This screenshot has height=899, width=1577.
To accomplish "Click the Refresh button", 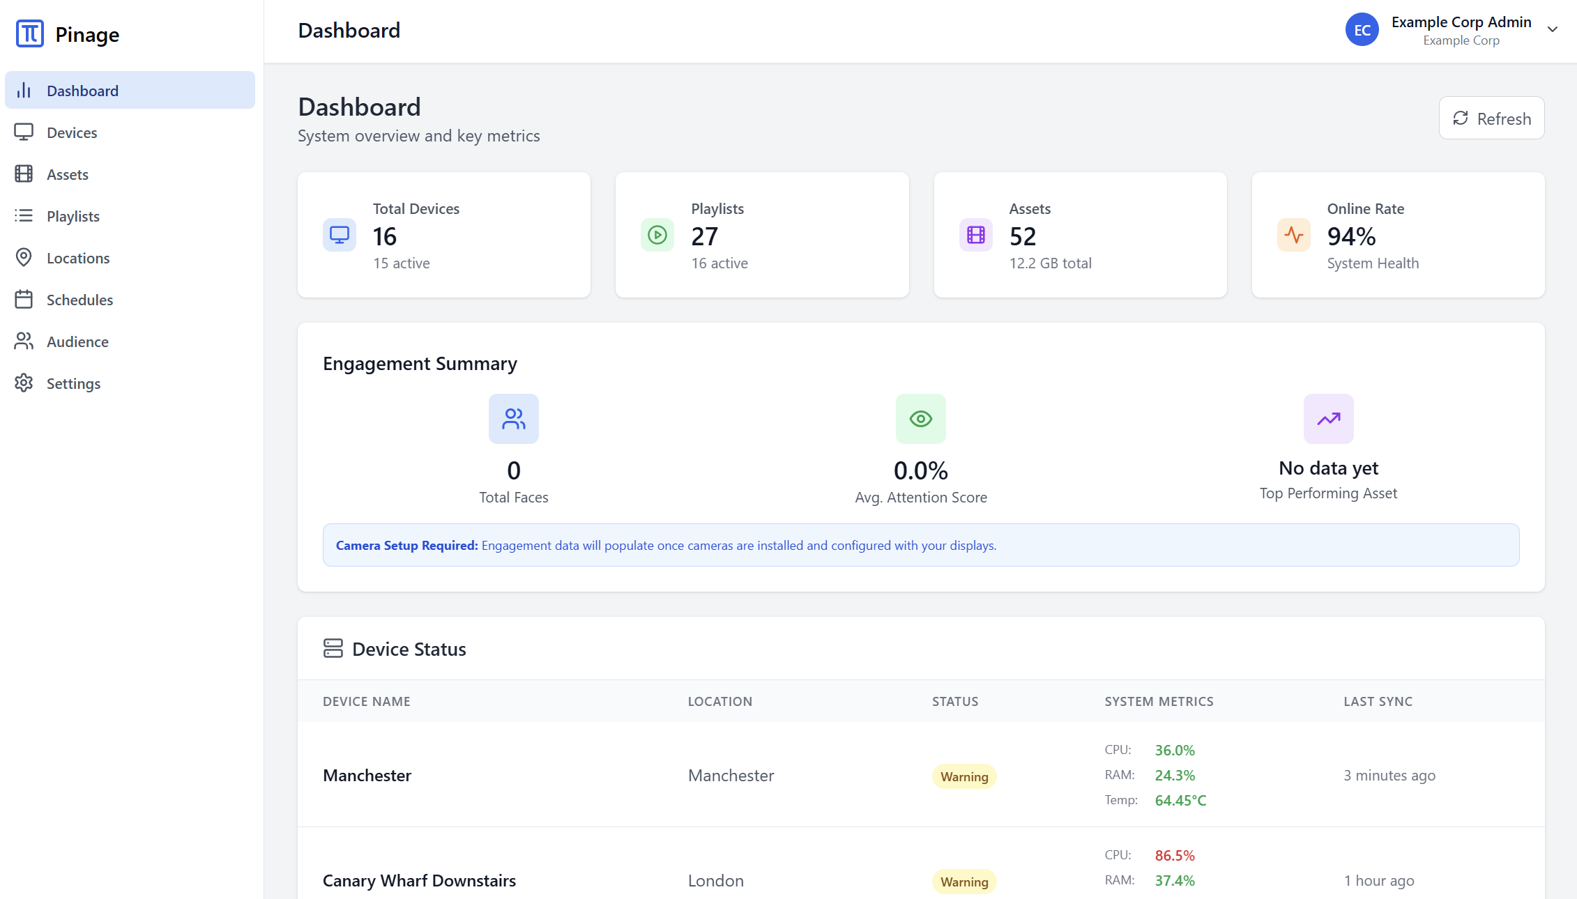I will pos(1491,118).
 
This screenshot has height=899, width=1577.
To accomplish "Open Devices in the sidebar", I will pos(72,132).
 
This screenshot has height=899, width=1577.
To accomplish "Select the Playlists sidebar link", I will pos(73,216).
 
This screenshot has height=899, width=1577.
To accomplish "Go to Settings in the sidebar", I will pos(73,383).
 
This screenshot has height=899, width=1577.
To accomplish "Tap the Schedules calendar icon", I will pos(24,300).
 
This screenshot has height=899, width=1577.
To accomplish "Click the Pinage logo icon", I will pos(30,33).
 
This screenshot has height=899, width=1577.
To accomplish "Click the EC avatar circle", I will pos(1362,30).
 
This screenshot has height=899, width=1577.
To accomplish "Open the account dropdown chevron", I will pos(1552,29).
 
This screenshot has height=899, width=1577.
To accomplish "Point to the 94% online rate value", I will pos(1351,237).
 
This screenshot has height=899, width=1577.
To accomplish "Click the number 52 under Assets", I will pos(1023,237).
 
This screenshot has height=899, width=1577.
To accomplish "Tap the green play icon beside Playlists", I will pos(657,235).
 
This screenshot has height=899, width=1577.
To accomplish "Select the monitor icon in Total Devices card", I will pos(340,235).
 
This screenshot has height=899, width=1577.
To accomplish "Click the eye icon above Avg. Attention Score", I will pos(920,419).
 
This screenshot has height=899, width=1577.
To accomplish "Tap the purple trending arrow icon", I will pos(1328,419).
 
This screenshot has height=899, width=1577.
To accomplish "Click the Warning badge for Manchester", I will pos(964,776).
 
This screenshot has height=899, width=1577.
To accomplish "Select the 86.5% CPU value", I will pos(1175,855).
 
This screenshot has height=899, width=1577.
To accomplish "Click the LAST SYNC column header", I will pos(1378,701).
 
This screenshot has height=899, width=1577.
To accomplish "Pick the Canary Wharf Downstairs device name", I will pos(419,880).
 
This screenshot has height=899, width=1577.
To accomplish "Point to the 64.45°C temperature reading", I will pos(1180,800).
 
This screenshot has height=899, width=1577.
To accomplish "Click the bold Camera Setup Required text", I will pos(406,545).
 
